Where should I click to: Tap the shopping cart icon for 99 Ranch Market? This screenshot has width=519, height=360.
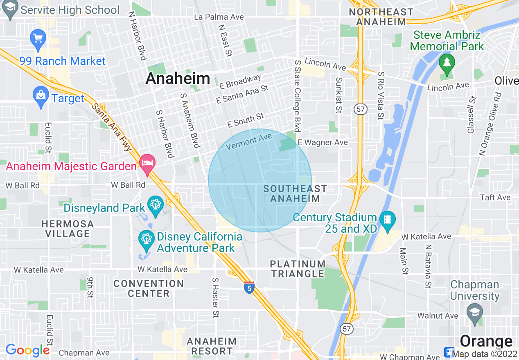tap(38, 39)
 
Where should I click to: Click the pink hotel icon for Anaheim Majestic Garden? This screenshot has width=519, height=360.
tap(147, 162)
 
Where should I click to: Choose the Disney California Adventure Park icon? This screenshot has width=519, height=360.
tap(146, 239)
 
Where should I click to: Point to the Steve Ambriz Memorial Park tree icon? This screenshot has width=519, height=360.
tap(447, 63)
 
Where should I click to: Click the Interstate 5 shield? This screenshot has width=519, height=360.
tap(249, 287)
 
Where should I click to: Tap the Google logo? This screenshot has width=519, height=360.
tap(27, 350)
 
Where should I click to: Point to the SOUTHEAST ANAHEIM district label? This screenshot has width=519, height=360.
tap(295, 193)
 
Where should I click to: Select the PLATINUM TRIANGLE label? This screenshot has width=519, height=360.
tap(298, 269)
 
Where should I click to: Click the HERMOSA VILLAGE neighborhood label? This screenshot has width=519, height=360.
tap(68, 229)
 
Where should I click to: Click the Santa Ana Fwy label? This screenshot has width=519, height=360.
tap(111, 126)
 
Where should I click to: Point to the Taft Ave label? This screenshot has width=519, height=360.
tap(495, 198)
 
